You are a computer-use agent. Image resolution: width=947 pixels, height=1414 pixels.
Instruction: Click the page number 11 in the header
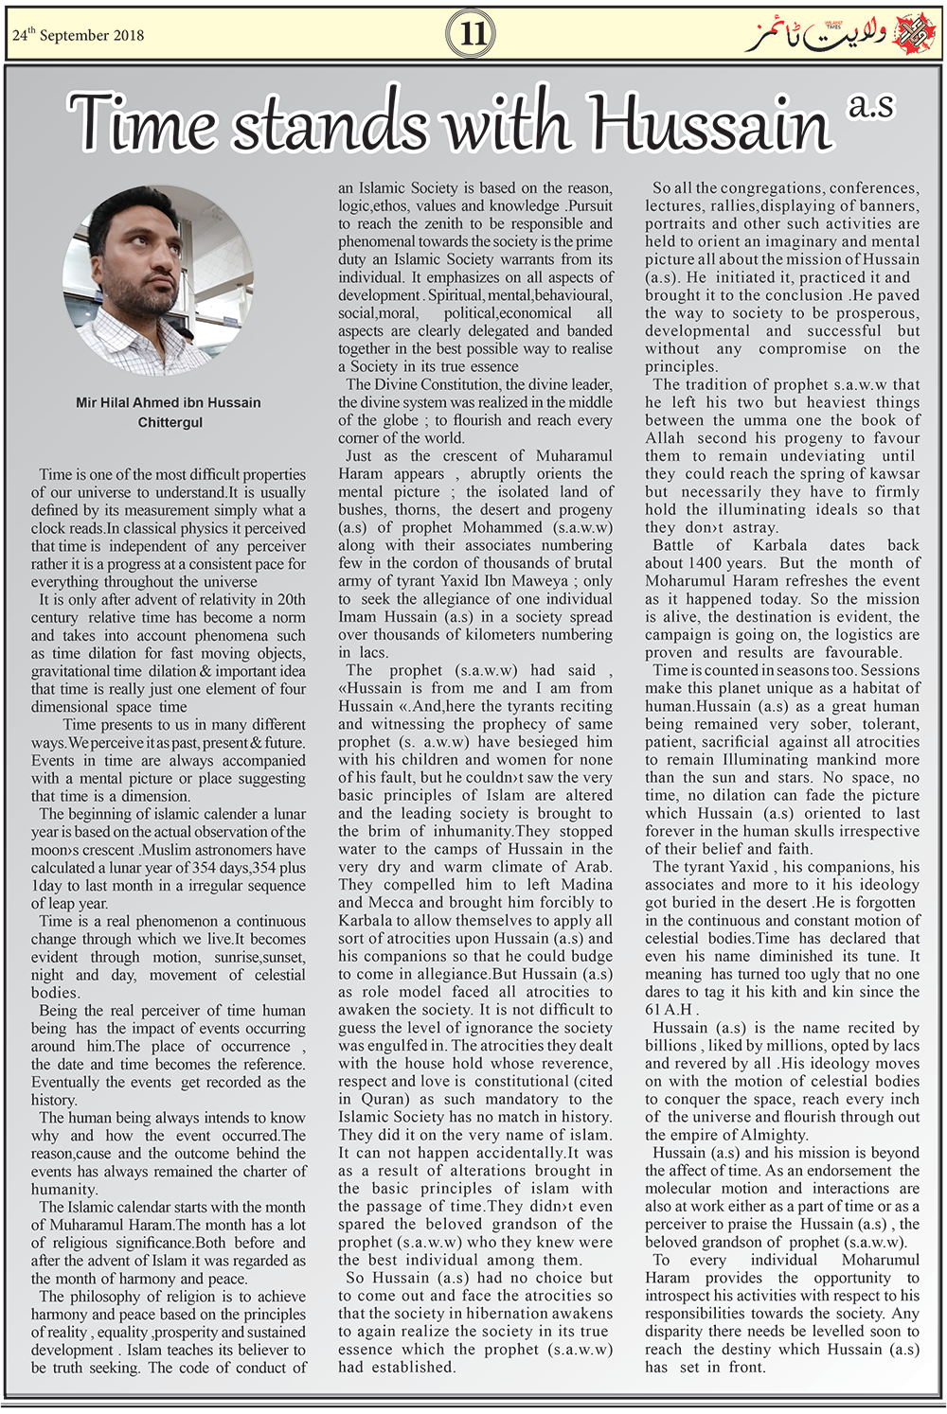pos(473,35)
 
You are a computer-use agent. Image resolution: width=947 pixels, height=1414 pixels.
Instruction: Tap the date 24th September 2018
pos(78,35)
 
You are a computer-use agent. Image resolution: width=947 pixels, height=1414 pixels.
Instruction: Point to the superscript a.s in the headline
pos(870,105)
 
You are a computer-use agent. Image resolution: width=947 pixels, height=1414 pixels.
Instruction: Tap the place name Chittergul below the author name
pos(170,422)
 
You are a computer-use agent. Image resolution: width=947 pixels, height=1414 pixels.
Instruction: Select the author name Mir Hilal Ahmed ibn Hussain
pos(169,402)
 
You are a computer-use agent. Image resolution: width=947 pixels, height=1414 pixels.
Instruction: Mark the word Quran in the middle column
pos(384,1100)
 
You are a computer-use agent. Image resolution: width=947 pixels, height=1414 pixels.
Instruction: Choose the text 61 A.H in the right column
pos(669,1010)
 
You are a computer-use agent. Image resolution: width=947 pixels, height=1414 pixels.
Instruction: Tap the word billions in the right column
pos(671,1046)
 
